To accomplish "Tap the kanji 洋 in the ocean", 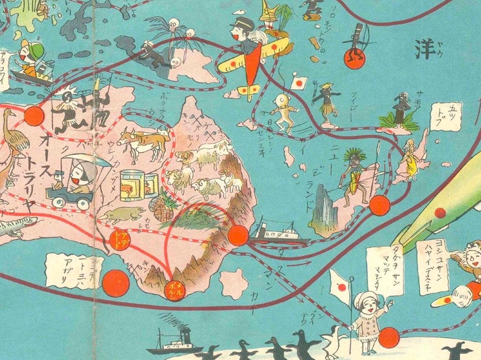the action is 426,50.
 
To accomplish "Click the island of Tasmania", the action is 234,283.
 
